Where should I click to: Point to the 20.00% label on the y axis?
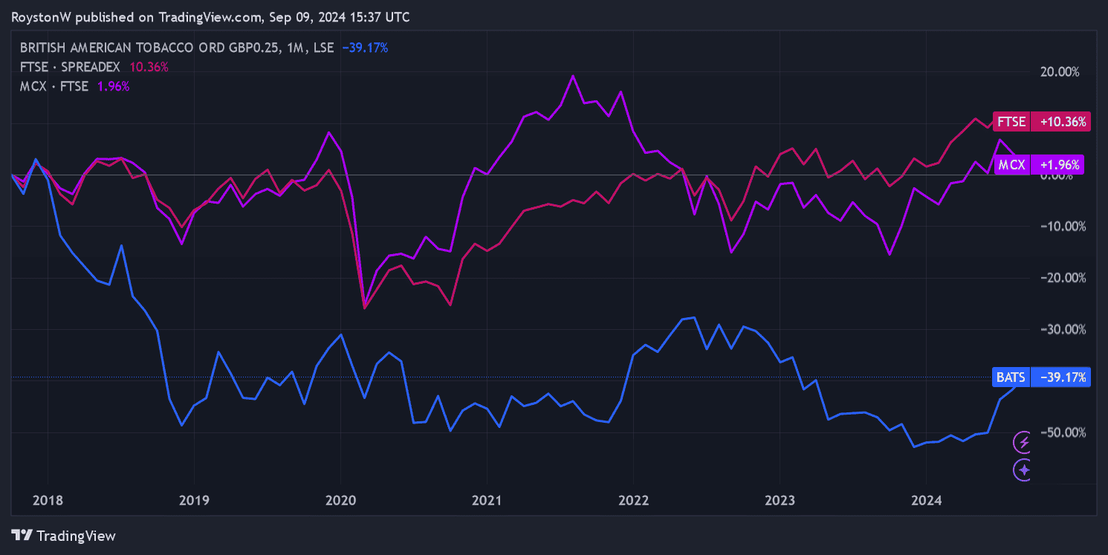point(1058,72)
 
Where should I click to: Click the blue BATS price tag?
point(1011,377)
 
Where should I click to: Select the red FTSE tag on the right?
point(1011,121)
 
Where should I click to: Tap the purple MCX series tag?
point(1011,165)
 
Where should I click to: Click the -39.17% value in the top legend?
point(365,48)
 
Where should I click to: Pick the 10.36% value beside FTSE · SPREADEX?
point(149,67)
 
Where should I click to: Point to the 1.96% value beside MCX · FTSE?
point(114,86)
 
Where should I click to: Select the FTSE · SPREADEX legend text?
point(70,67)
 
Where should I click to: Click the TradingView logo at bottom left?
point(65,535)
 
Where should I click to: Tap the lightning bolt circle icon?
point(1024,443)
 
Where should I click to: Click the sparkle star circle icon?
point(1024,470)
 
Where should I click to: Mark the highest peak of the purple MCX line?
point(572,75)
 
